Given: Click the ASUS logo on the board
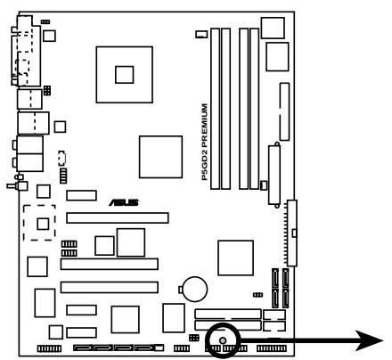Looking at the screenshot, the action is (123, 202).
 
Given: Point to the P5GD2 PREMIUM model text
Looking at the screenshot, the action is (205, 142).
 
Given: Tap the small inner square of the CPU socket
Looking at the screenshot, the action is (125, 75).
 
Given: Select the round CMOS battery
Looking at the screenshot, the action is (195, 289).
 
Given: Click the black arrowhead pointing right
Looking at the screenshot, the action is (369, 340).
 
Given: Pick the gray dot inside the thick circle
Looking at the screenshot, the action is (223, 340).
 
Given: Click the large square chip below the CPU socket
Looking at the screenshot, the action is (160, 157).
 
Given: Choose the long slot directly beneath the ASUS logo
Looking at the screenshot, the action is (118, 218).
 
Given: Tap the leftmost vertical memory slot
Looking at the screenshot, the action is (215, 109).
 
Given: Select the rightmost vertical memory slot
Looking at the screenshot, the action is (254, 109).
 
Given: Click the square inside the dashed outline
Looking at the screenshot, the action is (43, 224).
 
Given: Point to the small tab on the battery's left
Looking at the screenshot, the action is (180, 290).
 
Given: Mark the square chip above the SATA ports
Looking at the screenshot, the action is (235, 258).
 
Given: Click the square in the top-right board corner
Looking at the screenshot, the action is (273, 28).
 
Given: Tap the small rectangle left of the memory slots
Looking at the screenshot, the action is (201, 34).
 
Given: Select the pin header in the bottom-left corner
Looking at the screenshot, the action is (49, 348).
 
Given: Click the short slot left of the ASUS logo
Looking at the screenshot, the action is (81, 195).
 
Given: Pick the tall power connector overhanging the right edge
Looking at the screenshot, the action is (292, 233).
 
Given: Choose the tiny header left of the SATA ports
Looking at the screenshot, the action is (257, 295).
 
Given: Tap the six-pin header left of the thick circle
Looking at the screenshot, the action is (194, 338).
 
